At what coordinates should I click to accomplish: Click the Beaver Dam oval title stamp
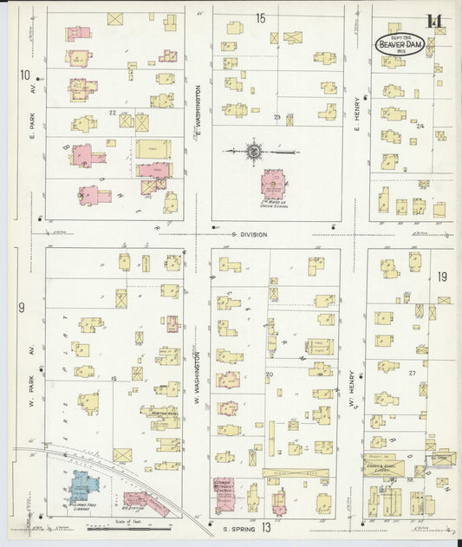tap(400, 44)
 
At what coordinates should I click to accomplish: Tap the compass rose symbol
tap(254, 152)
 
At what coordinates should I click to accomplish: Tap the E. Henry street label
tap(356, 116)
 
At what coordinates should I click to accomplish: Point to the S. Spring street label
tap(236, 528)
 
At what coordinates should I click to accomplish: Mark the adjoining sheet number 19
tap(442, 277)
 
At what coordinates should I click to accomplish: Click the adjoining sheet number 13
tap(266, 527)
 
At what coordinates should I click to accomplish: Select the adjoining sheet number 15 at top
tap(261, 17)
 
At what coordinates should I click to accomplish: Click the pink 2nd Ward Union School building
tap(274, 184)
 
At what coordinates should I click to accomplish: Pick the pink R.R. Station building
tap(141, 501)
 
